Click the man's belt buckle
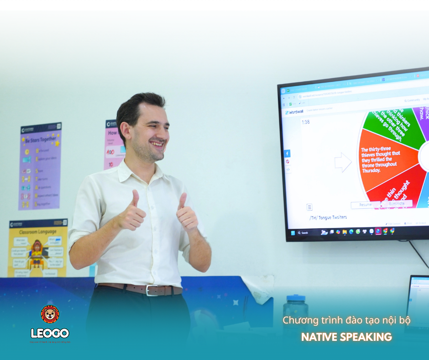tap(152, 290)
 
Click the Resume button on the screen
tap(366, 205)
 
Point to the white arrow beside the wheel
tap(343, 162)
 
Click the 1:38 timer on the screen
tap(306, 122)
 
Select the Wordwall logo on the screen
tap(294, 112)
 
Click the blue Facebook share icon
tap(288, 154)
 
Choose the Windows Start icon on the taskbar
tap(293, 233)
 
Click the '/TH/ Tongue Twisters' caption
tap(328, 217)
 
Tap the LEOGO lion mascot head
tap(50, 314)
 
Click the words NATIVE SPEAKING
tap(346, 337)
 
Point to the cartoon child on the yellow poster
tap(37, 254)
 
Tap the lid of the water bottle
tap(296, 298)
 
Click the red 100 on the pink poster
tap(110, 151)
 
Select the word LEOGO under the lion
tap(50, 333)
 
